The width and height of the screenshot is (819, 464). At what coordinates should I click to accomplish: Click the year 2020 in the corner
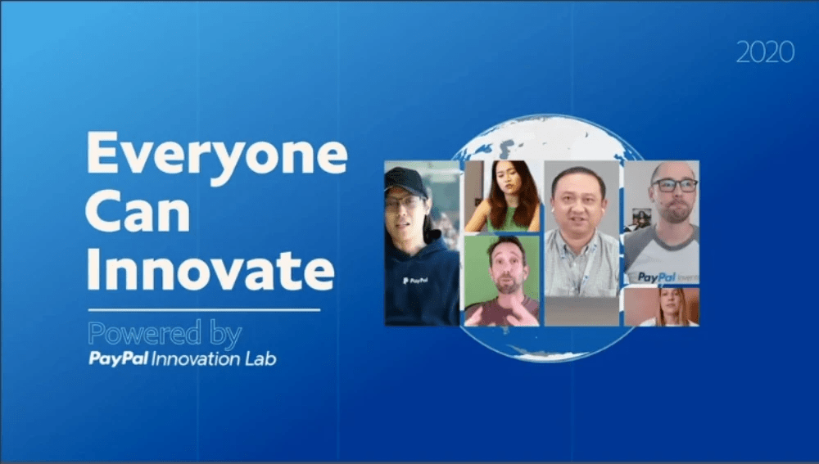765,52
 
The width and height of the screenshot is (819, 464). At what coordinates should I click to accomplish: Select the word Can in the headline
138,211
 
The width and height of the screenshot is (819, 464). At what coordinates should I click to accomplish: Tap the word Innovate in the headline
210,269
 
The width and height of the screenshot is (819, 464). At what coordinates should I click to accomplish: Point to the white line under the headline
204,310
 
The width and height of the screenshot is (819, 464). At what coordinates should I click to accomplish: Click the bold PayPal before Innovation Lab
119,358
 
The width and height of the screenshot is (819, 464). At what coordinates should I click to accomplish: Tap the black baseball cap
406,182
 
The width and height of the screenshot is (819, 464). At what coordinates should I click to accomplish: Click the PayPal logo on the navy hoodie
416,281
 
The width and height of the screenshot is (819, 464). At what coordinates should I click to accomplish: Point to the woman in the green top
503,196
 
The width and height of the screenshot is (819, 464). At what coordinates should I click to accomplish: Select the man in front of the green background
502,281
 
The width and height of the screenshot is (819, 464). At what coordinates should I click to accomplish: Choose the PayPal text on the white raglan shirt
657,277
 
